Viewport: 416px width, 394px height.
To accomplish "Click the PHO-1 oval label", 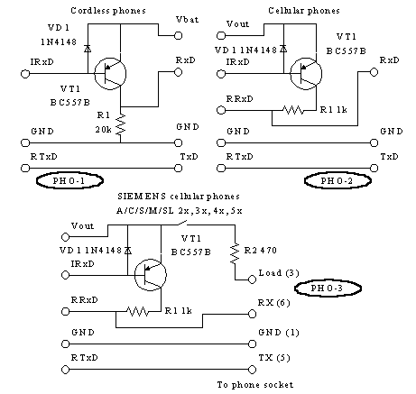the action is [69, 180].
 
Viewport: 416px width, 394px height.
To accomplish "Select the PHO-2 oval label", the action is [337, 180].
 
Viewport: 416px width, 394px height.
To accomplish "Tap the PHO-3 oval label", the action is [328, 289].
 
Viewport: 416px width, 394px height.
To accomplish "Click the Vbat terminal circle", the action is [179, 35].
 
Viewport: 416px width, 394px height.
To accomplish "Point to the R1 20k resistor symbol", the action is [121, 124].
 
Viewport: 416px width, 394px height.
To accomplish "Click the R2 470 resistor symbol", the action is [235, 254].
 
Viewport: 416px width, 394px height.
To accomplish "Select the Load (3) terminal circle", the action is [252, 279].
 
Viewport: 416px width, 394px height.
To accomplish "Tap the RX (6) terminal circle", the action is [252, 314].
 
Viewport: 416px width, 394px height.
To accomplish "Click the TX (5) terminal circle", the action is [252, 370].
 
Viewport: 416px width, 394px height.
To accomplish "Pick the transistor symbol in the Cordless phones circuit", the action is [110, 74].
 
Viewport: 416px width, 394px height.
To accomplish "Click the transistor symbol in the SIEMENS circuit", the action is [151, 275].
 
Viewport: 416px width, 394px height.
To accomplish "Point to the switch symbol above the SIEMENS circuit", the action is [182, 223].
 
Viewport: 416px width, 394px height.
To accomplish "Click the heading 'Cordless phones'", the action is [108, 11].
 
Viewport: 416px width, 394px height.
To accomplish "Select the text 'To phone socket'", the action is [255, 385].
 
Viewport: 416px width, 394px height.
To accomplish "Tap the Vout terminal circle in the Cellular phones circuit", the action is [221, 35].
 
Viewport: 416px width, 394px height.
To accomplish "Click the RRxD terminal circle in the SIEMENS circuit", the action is [65, 312].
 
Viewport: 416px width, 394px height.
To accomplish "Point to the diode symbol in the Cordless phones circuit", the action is [88, 49].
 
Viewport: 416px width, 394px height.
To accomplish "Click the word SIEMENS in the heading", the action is [142, 197].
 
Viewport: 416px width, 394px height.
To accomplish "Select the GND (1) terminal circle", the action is [252, 344].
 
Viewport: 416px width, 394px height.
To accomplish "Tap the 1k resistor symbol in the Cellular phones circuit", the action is [293, 110].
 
